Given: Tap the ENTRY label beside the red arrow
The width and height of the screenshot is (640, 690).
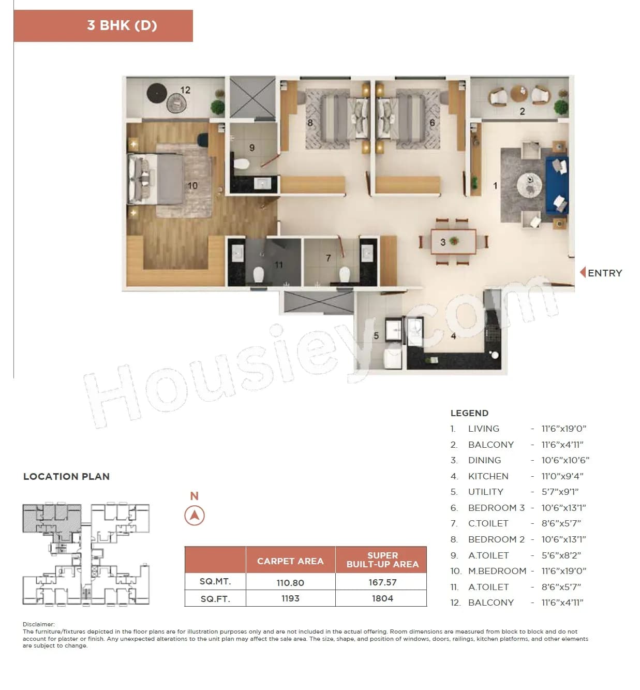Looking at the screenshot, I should click(x=604, y=273).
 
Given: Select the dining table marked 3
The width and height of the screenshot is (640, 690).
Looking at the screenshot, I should click(x=454, y=242).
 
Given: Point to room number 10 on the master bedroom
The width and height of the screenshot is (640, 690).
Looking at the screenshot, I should click(x=192, y=185).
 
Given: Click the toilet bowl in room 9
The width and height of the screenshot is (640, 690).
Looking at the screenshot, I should click(x=242, y=165).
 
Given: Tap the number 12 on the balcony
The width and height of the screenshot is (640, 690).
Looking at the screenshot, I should click(x=185, y=90).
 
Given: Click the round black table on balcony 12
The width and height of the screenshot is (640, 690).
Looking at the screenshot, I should click(x=157, y=93).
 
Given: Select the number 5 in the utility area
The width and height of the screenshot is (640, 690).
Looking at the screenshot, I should click(x=376, y=335).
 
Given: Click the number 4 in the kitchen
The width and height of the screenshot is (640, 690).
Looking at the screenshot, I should click(x=453, y=336).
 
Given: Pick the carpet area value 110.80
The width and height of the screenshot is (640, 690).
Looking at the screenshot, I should click(x=290, y=582).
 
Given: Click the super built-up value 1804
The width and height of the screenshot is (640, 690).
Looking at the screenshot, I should click(x=382, y=598).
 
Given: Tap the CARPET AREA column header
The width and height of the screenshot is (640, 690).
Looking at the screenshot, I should click(x=290, y=561).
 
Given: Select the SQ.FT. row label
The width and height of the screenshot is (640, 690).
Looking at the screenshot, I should click(x=215, y=599).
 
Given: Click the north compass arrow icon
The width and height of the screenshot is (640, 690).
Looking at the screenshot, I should click(x=195, y=516).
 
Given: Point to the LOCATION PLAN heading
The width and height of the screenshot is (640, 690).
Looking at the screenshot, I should click(x=66, y=476).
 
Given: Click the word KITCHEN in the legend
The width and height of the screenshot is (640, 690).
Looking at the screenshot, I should click(x=488, y=476).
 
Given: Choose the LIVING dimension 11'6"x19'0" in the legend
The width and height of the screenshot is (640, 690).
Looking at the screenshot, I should click(x=563, y=429).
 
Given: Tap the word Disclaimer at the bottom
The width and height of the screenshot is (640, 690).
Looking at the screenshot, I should click(x=38, y=624).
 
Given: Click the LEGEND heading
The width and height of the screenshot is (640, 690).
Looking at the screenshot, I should click(x=469, y=413).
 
